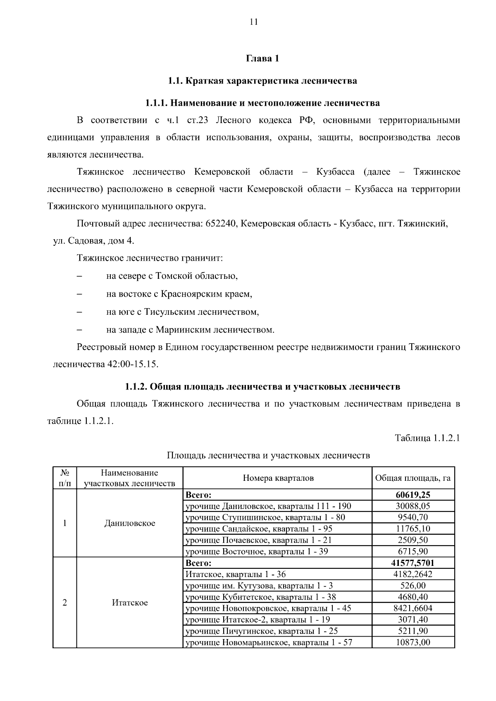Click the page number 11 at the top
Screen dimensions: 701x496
click(x=254, y=22)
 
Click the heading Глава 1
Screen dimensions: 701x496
click(x=262, y=59)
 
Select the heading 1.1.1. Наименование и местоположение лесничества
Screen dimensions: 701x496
click(x=262, y=102)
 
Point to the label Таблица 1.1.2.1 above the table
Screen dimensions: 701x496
click(x=427, y=438)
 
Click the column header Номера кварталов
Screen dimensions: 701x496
click(x=278, y=478)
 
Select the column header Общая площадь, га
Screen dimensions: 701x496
click(x=413, y=478)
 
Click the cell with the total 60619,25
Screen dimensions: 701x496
click(x=413, y=495)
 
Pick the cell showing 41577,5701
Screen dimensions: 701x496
click(x=413, y=563)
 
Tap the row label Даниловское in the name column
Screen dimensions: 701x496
click(x=130, y=523)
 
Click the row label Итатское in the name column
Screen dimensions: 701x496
click(x=130, y=603)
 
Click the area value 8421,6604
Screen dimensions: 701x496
click(x=413, y=608)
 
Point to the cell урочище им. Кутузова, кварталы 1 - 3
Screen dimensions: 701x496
click(x=259, y=586)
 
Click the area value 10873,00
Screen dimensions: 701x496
click(x=413, y=642)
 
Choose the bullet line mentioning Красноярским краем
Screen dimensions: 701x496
click(x=179, y=294)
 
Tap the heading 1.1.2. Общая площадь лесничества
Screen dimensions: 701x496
click(x=262, y=387)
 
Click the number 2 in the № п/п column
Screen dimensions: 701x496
click(x=64, y=603)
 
